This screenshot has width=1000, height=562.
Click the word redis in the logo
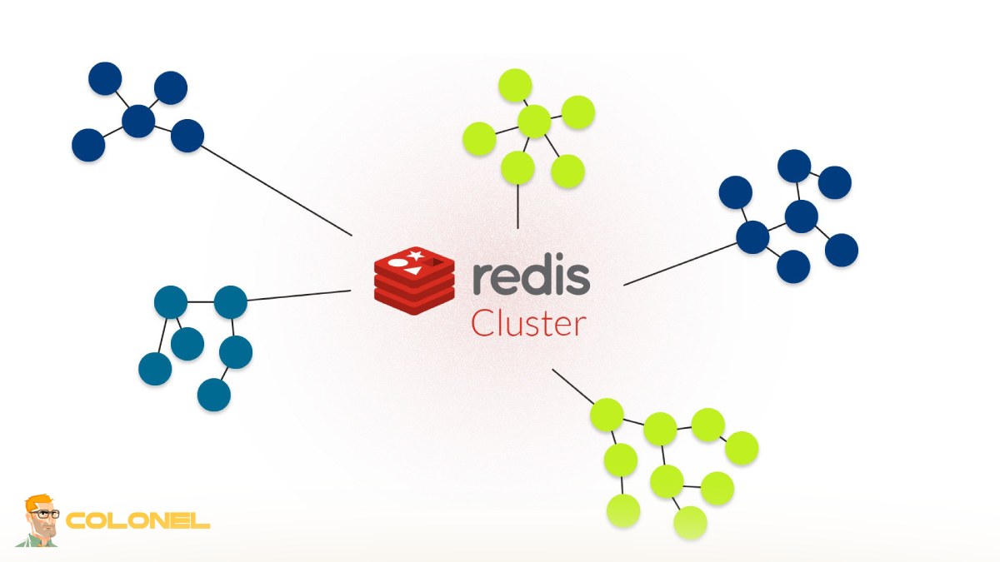531,277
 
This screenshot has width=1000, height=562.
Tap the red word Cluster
527,324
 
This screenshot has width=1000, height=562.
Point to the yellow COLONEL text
137,521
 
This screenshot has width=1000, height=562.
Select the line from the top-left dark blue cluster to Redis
275,191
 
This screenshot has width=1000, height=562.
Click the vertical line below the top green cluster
518,206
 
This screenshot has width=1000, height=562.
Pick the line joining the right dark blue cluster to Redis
679,263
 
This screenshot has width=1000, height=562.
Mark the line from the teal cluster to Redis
298,296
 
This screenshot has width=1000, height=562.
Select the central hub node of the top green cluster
534,122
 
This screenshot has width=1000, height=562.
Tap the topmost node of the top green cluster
515,86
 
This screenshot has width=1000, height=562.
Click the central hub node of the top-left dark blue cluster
138,122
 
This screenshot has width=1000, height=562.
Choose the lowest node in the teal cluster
213,395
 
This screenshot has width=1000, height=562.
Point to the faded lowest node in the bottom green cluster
690,522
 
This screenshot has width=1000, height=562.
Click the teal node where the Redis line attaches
231,301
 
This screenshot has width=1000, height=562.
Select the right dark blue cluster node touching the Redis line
752,237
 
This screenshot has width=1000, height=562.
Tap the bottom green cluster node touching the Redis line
607,415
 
